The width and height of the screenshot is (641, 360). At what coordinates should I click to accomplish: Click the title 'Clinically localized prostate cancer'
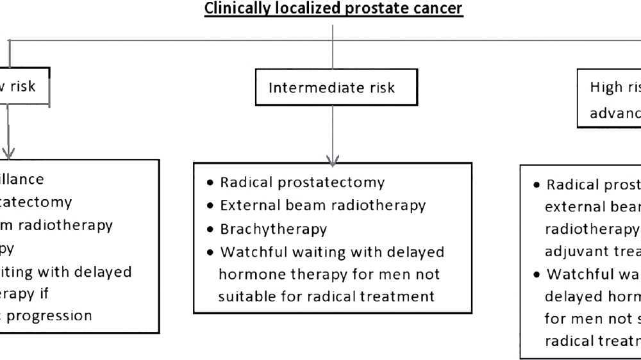point(333,9)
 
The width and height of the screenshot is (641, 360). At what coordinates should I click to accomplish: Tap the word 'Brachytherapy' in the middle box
point(273,229)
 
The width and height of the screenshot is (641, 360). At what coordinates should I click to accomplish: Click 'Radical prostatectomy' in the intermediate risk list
point(302,183)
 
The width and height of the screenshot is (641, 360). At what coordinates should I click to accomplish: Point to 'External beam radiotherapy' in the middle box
point(322,206)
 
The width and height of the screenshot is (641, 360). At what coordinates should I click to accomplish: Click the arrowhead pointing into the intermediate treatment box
point(333,160)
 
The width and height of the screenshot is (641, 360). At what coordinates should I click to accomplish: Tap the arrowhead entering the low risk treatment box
point(8,154)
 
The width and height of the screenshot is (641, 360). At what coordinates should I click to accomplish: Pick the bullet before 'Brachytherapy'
point(210,229)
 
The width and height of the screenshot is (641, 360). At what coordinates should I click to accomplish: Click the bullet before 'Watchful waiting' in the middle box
point(210,252)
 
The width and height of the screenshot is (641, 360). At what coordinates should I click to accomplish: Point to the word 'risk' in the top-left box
point(22,86)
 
